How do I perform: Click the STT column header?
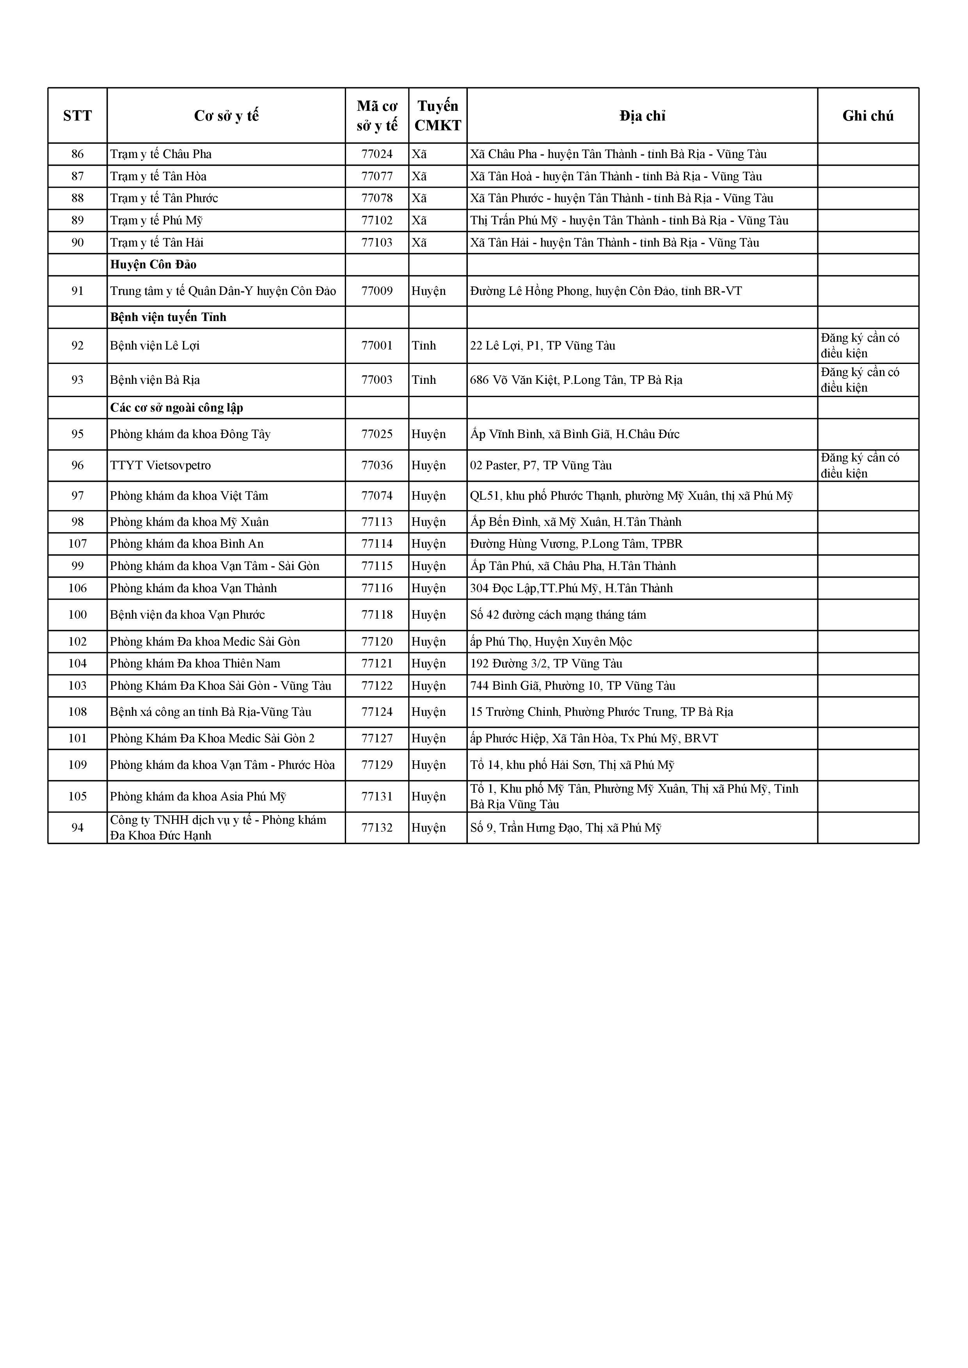[x=78, y=115]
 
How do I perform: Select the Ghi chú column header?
[x=867, y=115]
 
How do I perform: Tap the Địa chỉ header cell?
[x=642, y=115]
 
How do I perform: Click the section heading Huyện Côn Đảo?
[x=153, y=264]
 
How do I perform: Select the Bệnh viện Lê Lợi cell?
[x=155, y=346]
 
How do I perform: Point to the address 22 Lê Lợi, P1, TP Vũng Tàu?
[x=542, y=346]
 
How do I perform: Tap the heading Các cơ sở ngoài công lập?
[x=176, y=408]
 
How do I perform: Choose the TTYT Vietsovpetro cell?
[x=160, y=466]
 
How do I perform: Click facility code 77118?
[x=377, y=615]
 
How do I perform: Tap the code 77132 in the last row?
[x=377, y=828]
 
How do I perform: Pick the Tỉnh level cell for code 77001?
[x=424, y=346]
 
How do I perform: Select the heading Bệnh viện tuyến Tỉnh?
[x=168, y=318]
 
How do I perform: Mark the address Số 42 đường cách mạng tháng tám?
[x=558, y=615]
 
